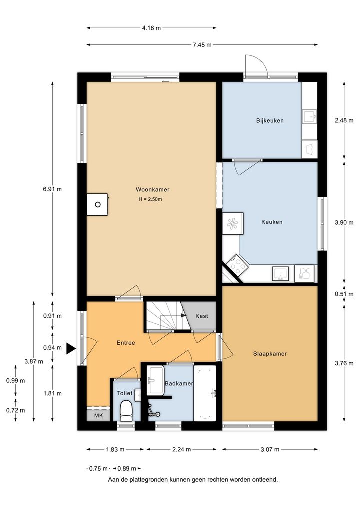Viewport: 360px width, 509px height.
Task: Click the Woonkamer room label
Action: (152, 190)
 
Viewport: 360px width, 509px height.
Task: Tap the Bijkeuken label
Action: (270, 121)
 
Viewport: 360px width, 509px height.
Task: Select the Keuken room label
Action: (272, 222)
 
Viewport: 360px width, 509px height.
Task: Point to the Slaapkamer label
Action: (270, 354)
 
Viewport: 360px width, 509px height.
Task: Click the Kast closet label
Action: (202, 316)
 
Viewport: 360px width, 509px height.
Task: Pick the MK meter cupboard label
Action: (98, 415)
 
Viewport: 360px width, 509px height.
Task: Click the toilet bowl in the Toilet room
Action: (126, 411)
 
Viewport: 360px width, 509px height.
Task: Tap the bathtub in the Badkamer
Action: (205, 393)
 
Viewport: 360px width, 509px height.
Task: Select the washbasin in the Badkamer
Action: (156, 380)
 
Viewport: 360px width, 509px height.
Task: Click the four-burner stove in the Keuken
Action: (238, 264)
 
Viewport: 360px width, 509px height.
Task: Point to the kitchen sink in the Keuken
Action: (280, 273)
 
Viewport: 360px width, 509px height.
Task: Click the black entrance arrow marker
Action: (71, 349)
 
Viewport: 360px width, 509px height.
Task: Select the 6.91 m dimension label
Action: (52, 189)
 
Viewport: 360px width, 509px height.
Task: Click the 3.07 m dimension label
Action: (270, 449)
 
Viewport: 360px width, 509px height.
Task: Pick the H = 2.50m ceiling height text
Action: (150, 199)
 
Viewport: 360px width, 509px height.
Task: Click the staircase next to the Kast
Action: (164, 316)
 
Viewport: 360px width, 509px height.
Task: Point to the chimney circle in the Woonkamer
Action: (97, 204)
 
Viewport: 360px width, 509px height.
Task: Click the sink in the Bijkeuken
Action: (310, 116)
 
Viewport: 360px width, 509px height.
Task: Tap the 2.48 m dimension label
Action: (344, 121)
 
